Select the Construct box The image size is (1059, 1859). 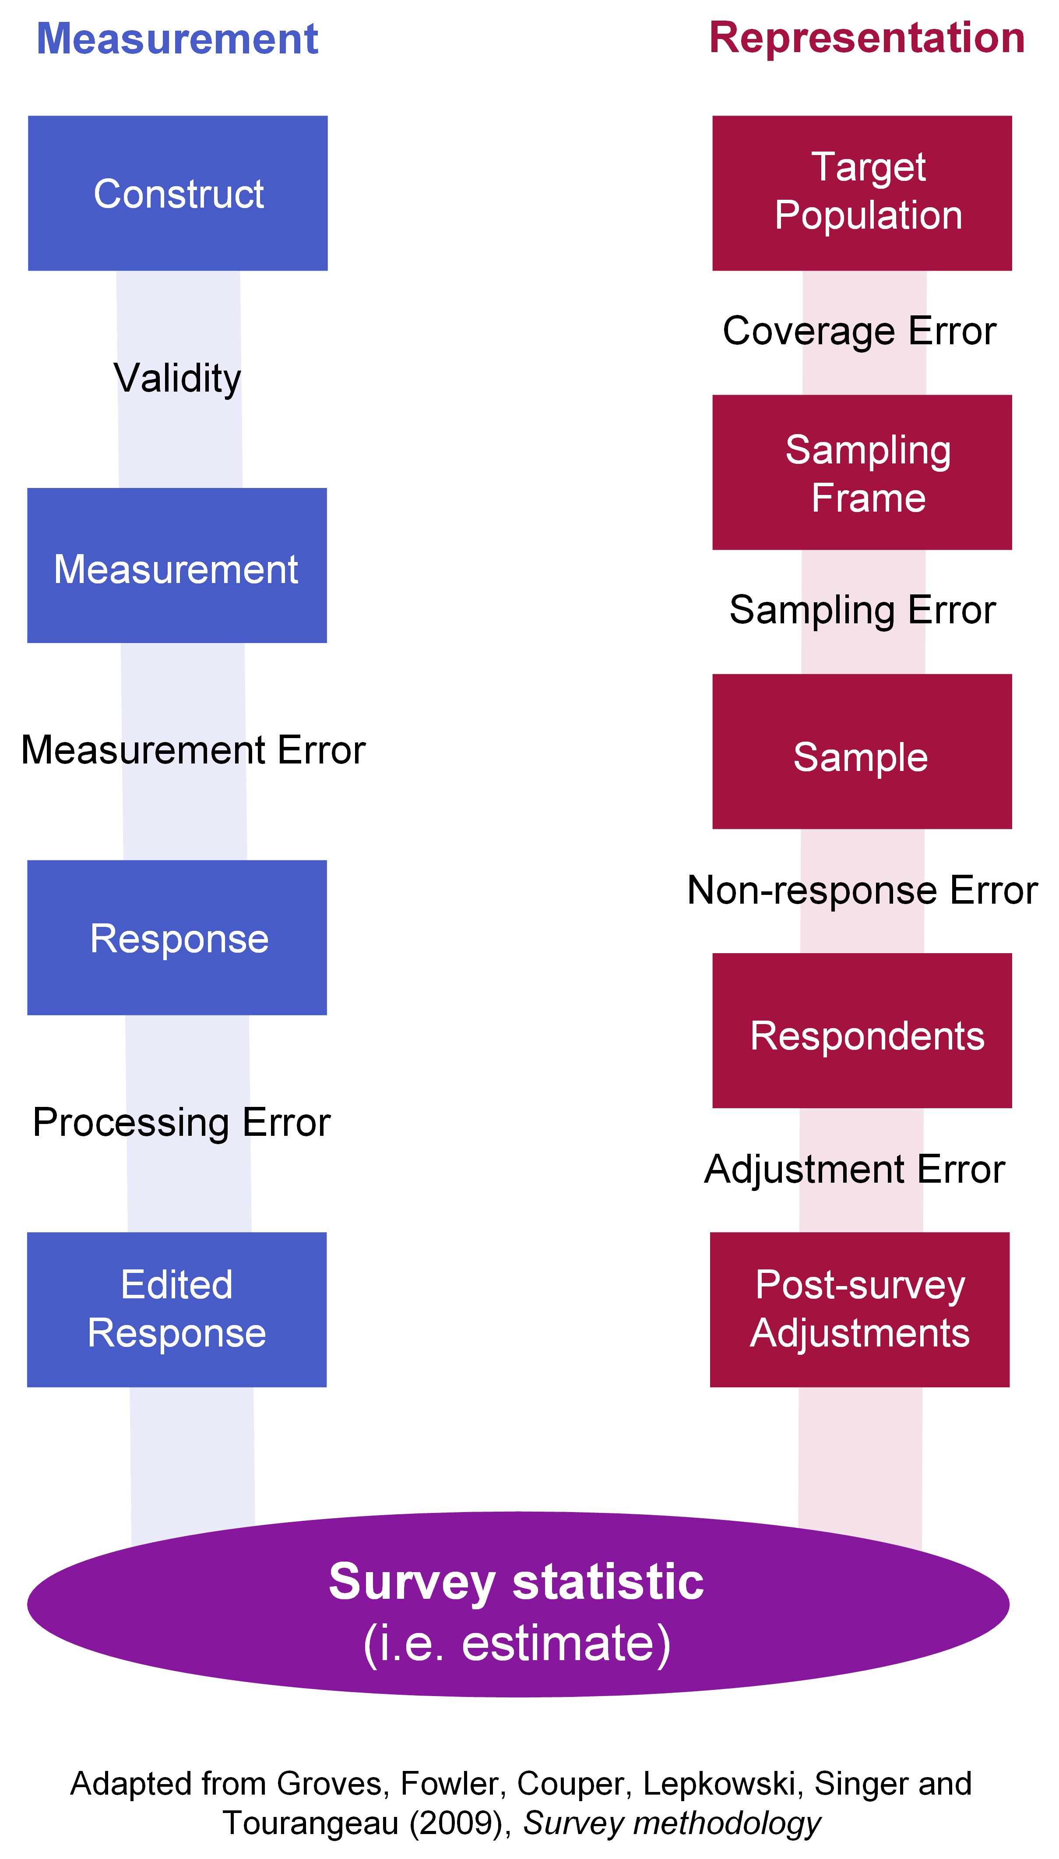click(177, 194)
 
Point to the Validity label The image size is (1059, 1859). click(177, 378)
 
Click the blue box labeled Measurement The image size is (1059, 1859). click(177, 565)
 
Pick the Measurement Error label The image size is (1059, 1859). click(193, 750)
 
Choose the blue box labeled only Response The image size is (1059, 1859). click(177, 938)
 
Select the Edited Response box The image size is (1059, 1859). click(177, 1310)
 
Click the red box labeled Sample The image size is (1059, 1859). click(862, 752)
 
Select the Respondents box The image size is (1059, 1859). click(862, 1031)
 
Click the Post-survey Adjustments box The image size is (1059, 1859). click(860, 1310)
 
